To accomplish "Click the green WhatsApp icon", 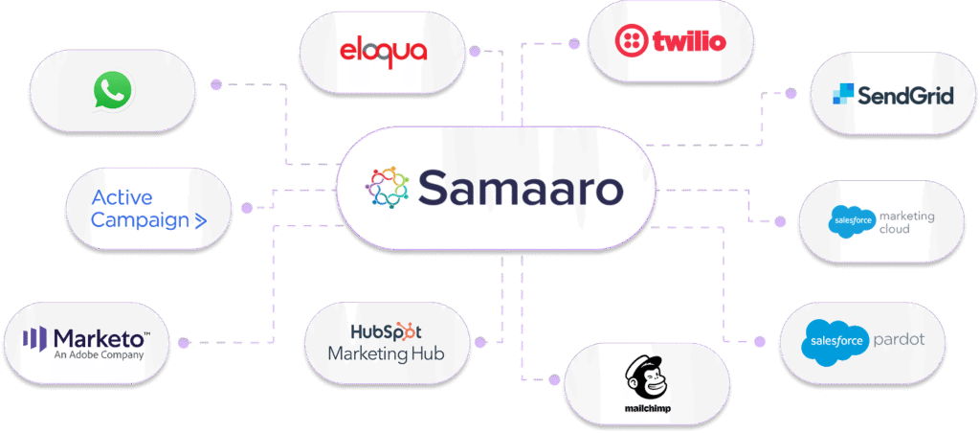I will pos(113,91).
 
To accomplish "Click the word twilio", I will pos(689,41).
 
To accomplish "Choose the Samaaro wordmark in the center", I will pos(521,187).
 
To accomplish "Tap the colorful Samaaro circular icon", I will pos(388,187).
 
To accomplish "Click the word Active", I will pos(122,197).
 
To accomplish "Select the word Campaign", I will pos(140,220).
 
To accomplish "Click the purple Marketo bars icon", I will pos(34,339).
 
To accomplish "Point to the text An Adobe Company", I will pos(99,354).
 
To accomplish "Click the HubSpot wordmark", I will pos(387,331).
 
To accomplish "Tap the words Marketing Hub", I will pos(386,353).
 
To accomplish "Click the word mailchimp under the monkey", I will pos(646,409).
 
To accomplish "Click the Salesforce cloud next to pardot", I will pos(835,342).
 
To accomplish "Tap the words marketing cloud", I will pos(905,223).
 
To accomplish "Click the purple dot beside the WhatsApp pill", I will pos(216,85).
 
